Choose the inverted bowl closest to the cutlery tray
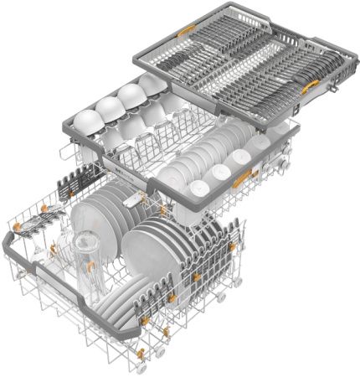[x=152, y=84]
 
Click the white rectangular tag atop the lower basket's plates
[x=129, y=199]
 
